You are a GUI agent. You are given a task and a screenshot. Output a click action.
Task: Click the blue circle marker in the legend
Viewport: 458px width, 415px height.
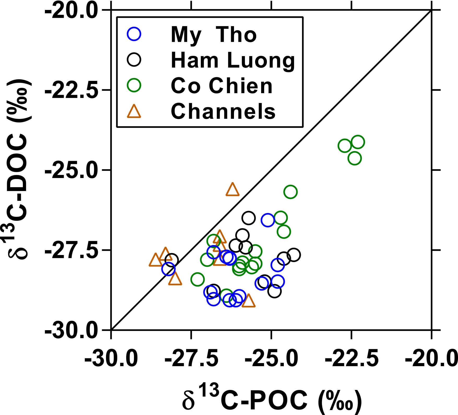tap(134, 34)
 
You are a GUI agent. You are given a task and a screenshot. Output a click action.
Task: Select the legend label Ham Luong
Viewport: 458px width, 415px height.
tap(233, 61)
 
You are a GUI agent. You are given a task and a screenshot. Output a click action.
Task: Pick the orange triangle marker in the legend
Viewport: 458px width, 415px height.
tap(134, 112)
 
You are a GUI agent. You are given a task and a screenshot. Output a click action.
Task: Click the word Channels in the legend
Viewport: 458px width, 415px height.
tap(223, 111)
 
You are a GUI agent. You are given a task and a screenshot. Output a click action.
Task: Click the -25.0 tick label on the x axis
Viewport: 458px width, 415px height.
tap(272, 359)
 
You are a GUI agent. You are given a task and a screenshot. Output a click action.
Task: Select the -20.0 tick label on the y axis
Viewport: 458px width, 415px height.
tap(71, 11)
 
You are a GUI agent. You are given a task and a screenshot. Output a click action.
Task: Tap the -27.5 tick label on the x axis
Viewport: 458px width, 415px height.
tap(191, 359)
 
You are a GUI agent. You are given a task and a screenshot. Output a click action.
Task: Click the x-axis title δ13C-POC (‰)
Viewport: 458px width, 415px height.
tap(272, 399)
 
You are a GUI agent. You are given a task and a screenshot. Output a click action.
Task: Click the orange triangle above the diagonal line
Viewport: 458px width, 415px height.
tap(232, 190)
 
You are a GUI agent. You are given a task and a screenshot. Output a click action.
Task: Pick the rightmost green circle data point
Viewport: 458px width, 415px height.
tap(358, 142)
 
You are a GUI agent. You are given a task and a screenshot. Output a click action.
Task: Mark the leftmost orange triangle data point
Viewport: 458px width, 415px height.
tap(155, 260)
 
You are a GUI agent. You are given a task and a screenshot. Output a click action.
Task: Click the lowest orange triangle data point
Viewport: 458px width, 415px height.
tap(248, 301)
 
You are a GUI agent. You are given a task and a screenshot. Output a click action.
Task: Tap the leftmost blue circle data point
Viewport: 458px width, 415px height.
tap(168, 269)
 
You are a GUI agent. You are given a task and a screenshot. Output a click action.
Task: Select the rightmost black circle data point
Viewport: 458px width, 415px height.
tap(294, 255)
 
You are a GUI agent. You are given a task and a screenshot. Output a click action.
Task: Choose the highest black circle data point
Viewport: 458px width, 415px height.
tap(248, 218)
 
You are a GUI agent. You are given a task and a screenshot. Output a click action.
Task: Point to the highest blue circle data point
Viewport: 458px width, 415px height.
tap(268, 220)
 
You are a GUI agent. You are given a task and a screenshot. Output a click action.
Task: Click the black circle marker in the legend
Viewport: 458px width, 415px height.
tap(134, 60)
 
